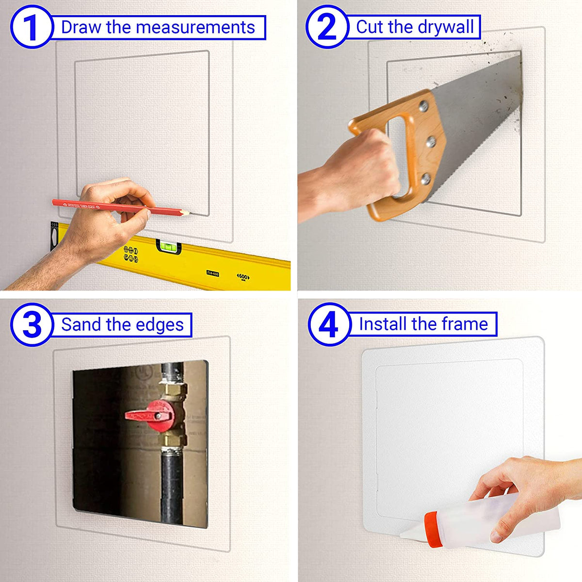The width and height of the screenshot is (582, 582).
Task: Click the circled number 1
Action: tap(31, 27)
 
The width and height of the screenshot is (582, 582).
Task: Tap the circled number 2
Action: tap(326, 27)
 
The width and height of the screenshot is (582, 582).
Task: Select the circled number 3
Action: tap(31, 325)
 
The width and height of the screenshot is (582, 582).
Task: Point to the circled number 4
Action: tap(329, 324)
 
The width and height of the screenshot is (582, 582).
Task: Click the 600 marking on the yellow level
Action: tap(243, 276)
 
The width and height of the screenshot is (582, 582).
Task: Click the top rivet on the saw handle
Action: tap(422, 105)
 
